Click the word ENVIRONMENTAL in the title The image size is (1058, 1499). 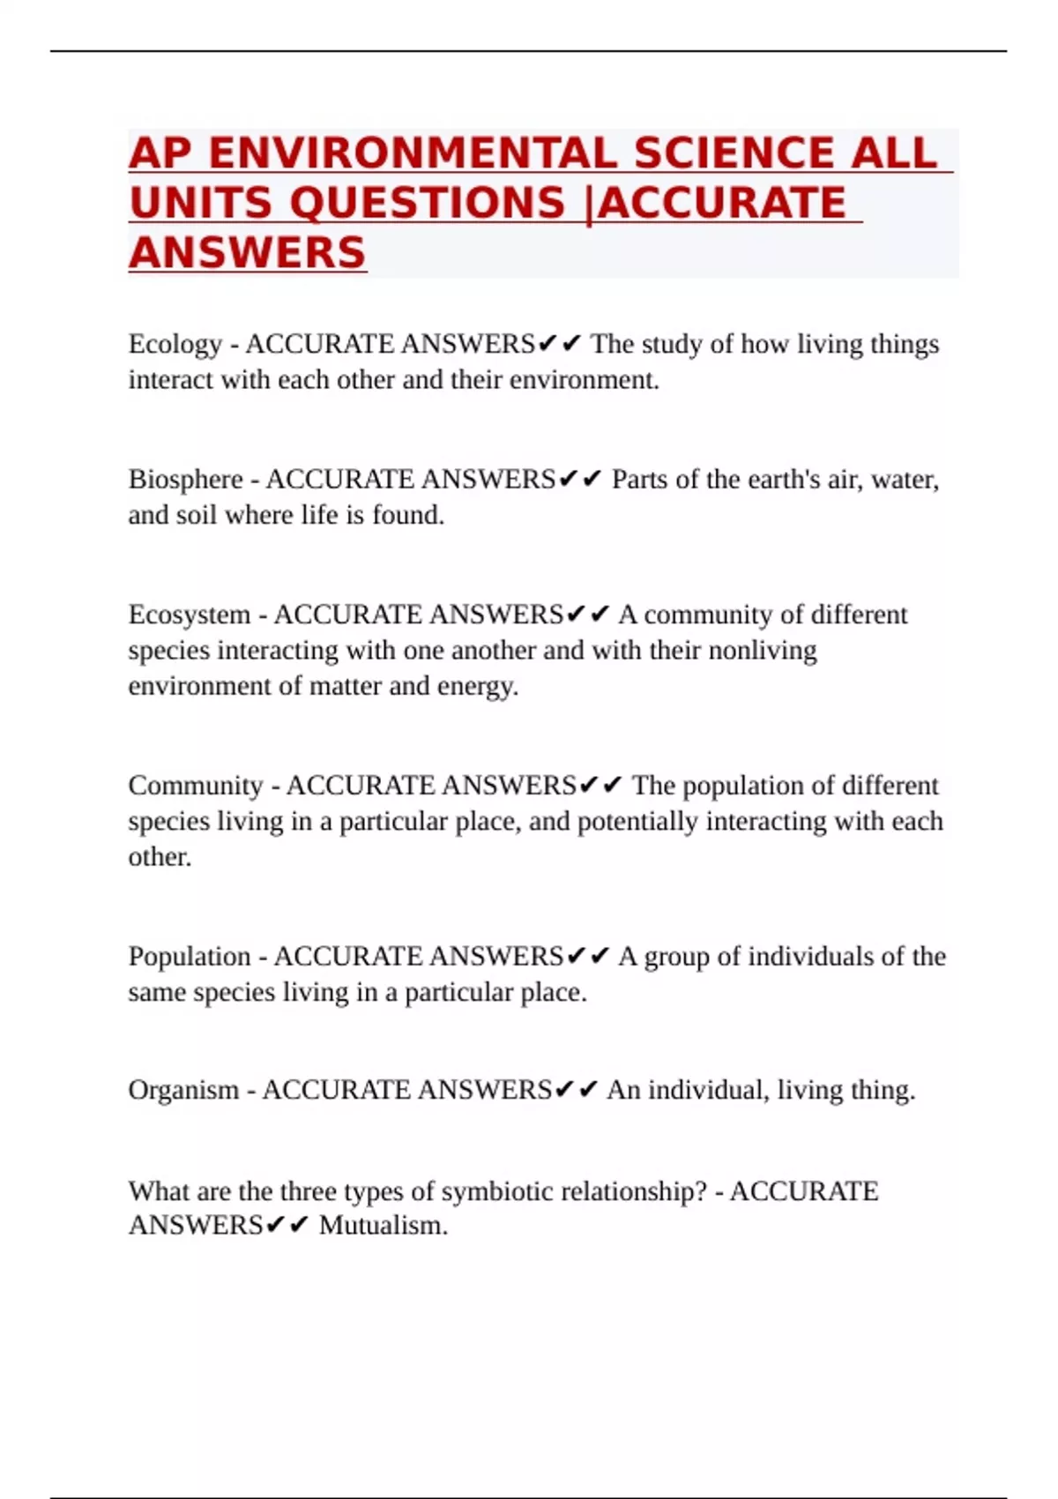413,153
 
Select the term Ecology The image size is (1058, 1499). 175,344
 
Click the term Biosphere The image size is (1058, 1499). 185,479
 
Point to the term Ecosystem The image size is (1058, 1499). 189,614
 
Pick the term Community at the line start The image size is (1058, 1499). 195,785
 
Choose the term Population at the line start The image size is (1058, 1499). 189,956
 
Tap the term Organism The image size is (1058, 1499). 183,1090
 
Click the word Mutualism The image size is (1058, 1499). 383,1226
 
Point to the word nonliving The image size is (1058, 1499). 763,650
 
